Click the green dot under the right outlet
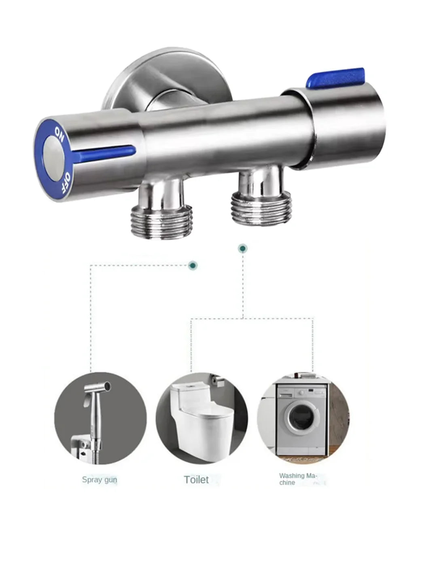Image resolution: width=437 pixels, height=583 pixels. click(242, 249)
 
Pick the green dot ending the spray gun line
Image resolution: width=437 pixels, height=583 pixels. click(193, 265)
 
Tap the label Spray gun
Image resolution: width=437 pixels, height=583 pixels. click(100, 480)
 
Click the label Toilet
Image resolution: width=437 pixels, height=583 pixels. click(196, 480)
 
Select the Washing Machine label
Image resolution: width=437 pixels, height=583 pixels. click(298, 479)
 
